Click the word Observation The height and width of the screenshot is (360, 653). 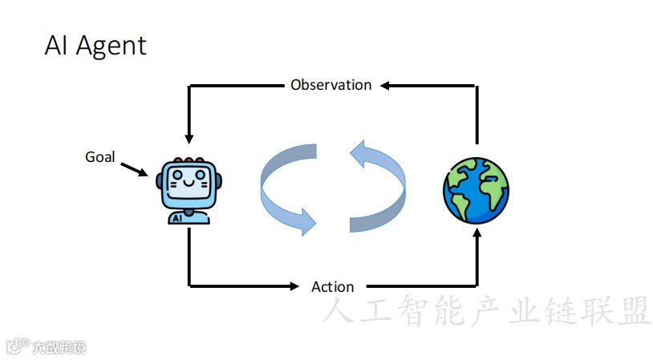(x=331, y=84)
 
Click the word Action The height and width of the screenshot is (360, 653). (x=332, y=286)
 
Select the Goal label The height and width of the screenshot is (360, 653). (x=100, y=156)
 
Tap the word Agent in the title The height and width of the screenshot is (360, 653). (x=111, y=45)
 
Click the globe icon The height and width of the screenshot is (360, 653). (x=476, y=189)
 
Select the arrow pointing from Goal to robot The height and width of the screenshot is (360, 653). (x=134, y=169)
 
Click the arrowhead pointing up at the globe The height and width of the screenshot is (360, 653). (x=477, y=234)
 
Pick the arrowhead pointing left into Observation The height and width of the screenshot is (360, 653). (x=387, y=84)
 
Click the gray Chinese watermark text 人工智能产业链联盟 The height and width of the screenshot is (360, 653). (x=486, y=311)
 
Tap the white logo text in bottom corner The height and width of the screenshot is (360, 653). (x=58, y=347)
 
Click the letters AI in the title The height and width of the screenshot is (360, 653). (x=56, y=45)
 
